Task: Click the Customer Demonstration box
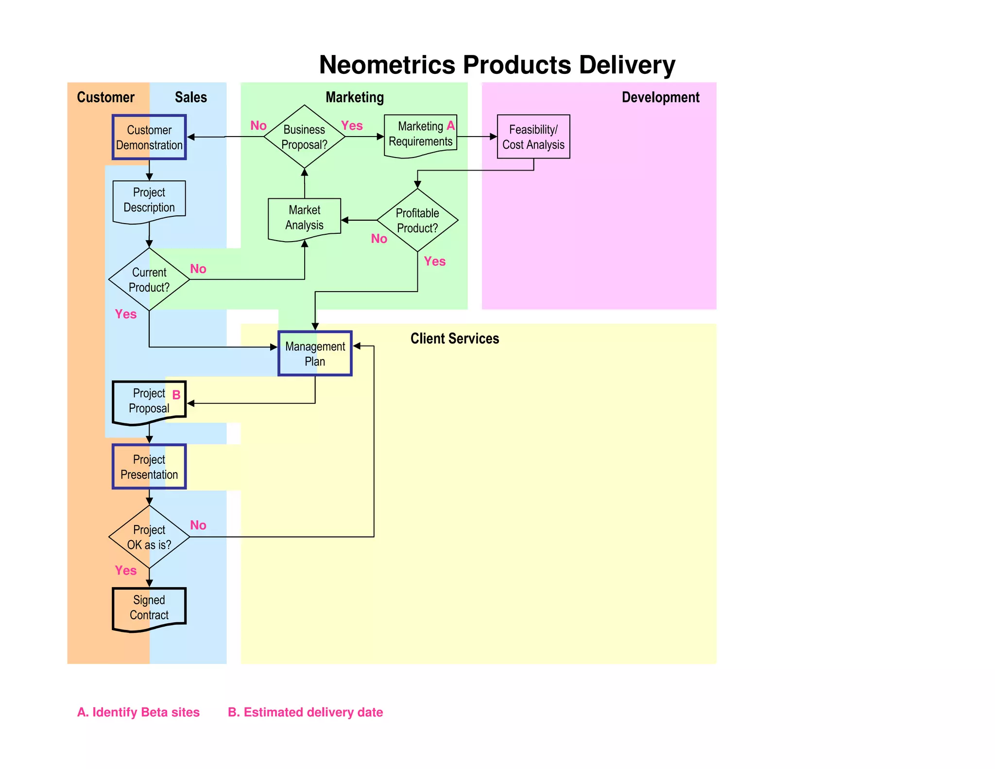149,137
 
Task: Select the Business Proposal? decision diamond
304,137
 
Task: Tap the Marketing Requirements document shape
420,135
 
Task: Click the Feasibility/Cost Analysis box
533,137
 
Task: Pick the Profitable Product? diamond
417,220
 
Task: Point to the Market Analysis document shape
305,218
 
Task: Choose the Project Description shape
149,200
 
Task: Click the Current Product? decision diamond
149,280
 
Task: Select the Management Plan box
315,353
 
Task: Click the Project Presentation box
149,467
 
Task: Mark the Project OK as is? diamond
149,537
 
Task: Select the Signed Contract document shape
149,608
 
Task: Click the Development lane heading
660,97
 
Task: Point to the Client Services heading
455,338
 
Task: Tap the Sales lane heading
191,97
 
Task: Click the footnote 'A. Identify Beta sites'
138,712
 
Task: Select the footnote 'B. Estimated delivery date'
306,712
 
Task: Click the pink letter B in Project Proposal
176,395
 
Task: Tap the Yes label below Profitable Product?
434,262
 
